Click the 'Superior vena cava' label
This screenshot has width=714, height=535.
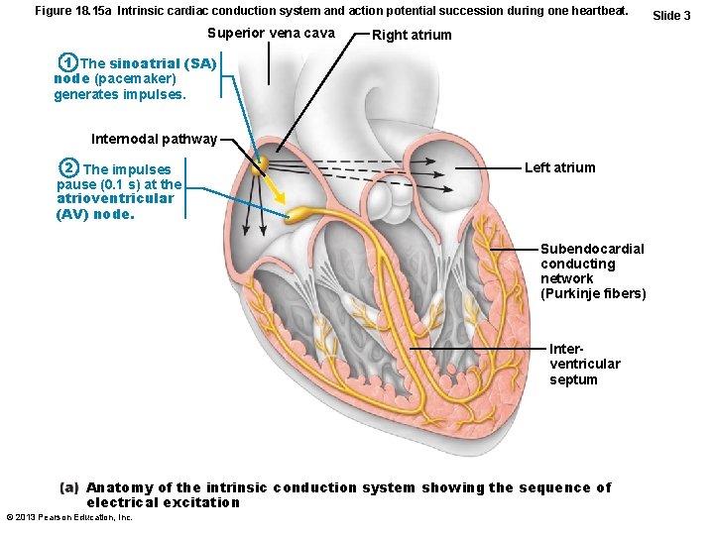[271, 34]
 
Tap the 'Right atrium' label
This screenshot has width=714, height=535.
[411, 35]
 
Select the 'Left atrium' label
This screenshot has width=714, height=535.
[559, 167]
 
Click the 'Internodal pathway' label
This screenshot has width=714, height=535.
[154, 139]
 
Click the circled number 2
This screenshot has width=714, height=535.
[67, 168]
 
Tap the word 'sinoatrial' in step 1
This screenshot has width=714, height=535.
[146, 63]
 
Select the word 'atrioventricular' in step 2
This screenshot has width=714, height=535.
[115, 198]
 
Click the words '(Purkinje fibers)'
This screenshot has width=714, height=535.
[593, 293]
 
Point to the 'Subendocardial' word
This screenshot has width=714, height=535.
[592, 249]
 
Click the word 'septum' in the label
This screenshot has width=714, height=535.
[573, 379]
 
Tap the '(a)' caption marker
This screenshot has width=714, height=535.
[69, 487]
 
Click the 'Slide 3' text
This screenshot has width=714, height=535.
[671, 15]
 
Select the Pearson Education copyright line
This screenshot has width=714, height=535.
[69, 517]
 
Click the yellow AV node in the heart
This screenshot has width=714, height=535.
[296, 214]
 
